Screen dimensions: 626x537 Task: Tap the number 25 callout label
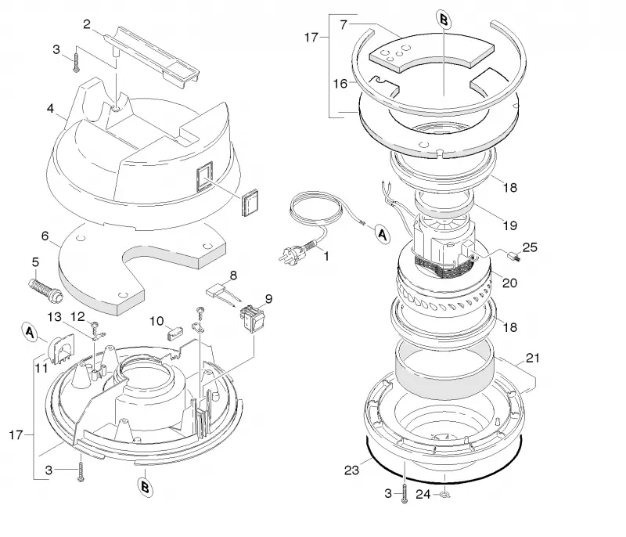530,247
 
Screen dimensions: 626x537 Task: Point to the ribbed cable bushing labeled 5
45,290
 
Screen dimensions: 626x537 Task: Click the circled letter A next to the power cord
382,234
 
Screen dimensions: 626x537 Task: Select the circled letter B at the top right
443,20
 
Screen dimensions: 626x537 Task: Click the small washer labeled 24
444,495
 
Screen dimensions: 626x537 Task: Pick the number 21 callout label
533,359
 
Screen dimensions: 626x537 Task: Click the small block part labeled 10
174,333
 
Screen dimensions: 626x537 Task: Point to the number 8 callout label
233,275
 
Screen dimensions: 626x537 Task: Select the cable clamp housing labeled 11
62,350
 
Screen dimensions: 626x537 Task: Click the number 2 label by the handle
87,24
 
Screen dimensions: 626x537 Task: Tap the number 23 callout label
351,470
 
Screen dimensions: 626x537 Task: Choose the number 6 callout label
45,236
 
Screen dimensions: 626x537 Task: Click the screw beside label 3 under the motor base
405,493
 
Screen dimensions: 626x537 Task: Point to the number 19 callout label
510,225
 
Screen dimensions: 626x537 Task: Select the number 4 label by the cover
50,108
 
